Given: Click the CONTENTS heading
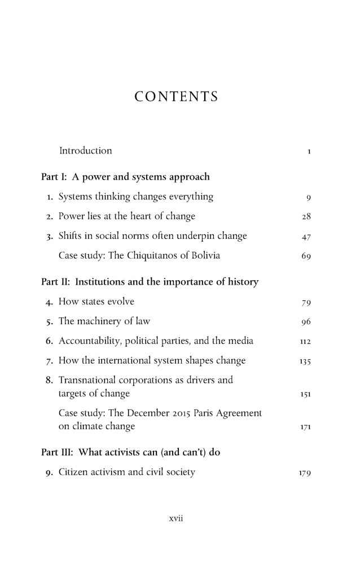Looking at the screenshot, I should click(x=176, y=97).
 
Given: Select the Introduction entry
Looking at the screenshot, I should click(x=85, y=151).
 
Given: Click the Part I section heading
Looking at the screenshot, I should click(x=125, y=177).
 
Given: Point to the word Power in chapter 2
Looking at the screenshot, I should click(x=72, y=216).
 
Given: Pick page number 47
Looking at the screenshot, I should click(x=307, y=237).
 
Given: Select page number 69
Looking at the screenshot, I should click(x=307, y=256).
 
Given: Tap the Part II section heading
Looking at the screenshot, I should click(x=150, y=282).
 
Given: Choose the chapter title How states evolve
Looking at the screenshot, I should click(x=96, y=302).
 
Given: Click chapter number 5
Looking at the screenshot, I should click(x=49, y=321).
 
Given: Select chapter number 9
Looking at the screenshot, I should click(x=49, y=473).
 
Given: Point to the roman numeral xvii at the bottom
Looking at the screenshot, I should click(x=177, y=518).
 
